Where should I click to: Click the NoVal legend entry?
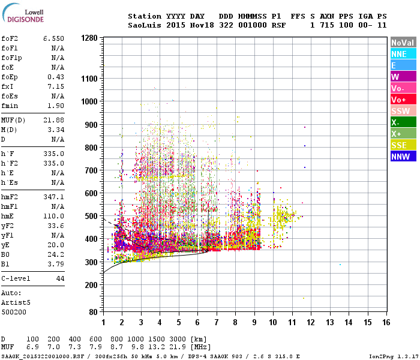[x=402, y=43]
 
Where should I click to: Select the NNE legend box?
[x=402, y=54]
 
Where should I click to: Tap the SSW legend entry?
[x=402, y=111]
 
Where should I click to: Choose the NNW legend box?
[x=402, y=157]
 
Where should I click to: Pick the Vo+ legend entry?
[x=402, y=100]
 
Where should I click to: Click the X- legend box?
[x=402, y=122]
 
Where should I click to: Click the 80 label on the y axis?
[x=94, y=313]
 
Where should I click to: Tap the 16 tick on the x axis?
[x=386, y=322]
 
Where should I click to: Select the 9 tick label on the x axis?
[x=254, y=322]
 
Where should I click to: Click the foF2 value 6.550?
[x=53, y=38]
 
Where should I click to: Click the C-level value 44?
[x=59, y=279]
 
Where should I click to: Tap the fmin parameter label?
[x=10, y=106]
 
